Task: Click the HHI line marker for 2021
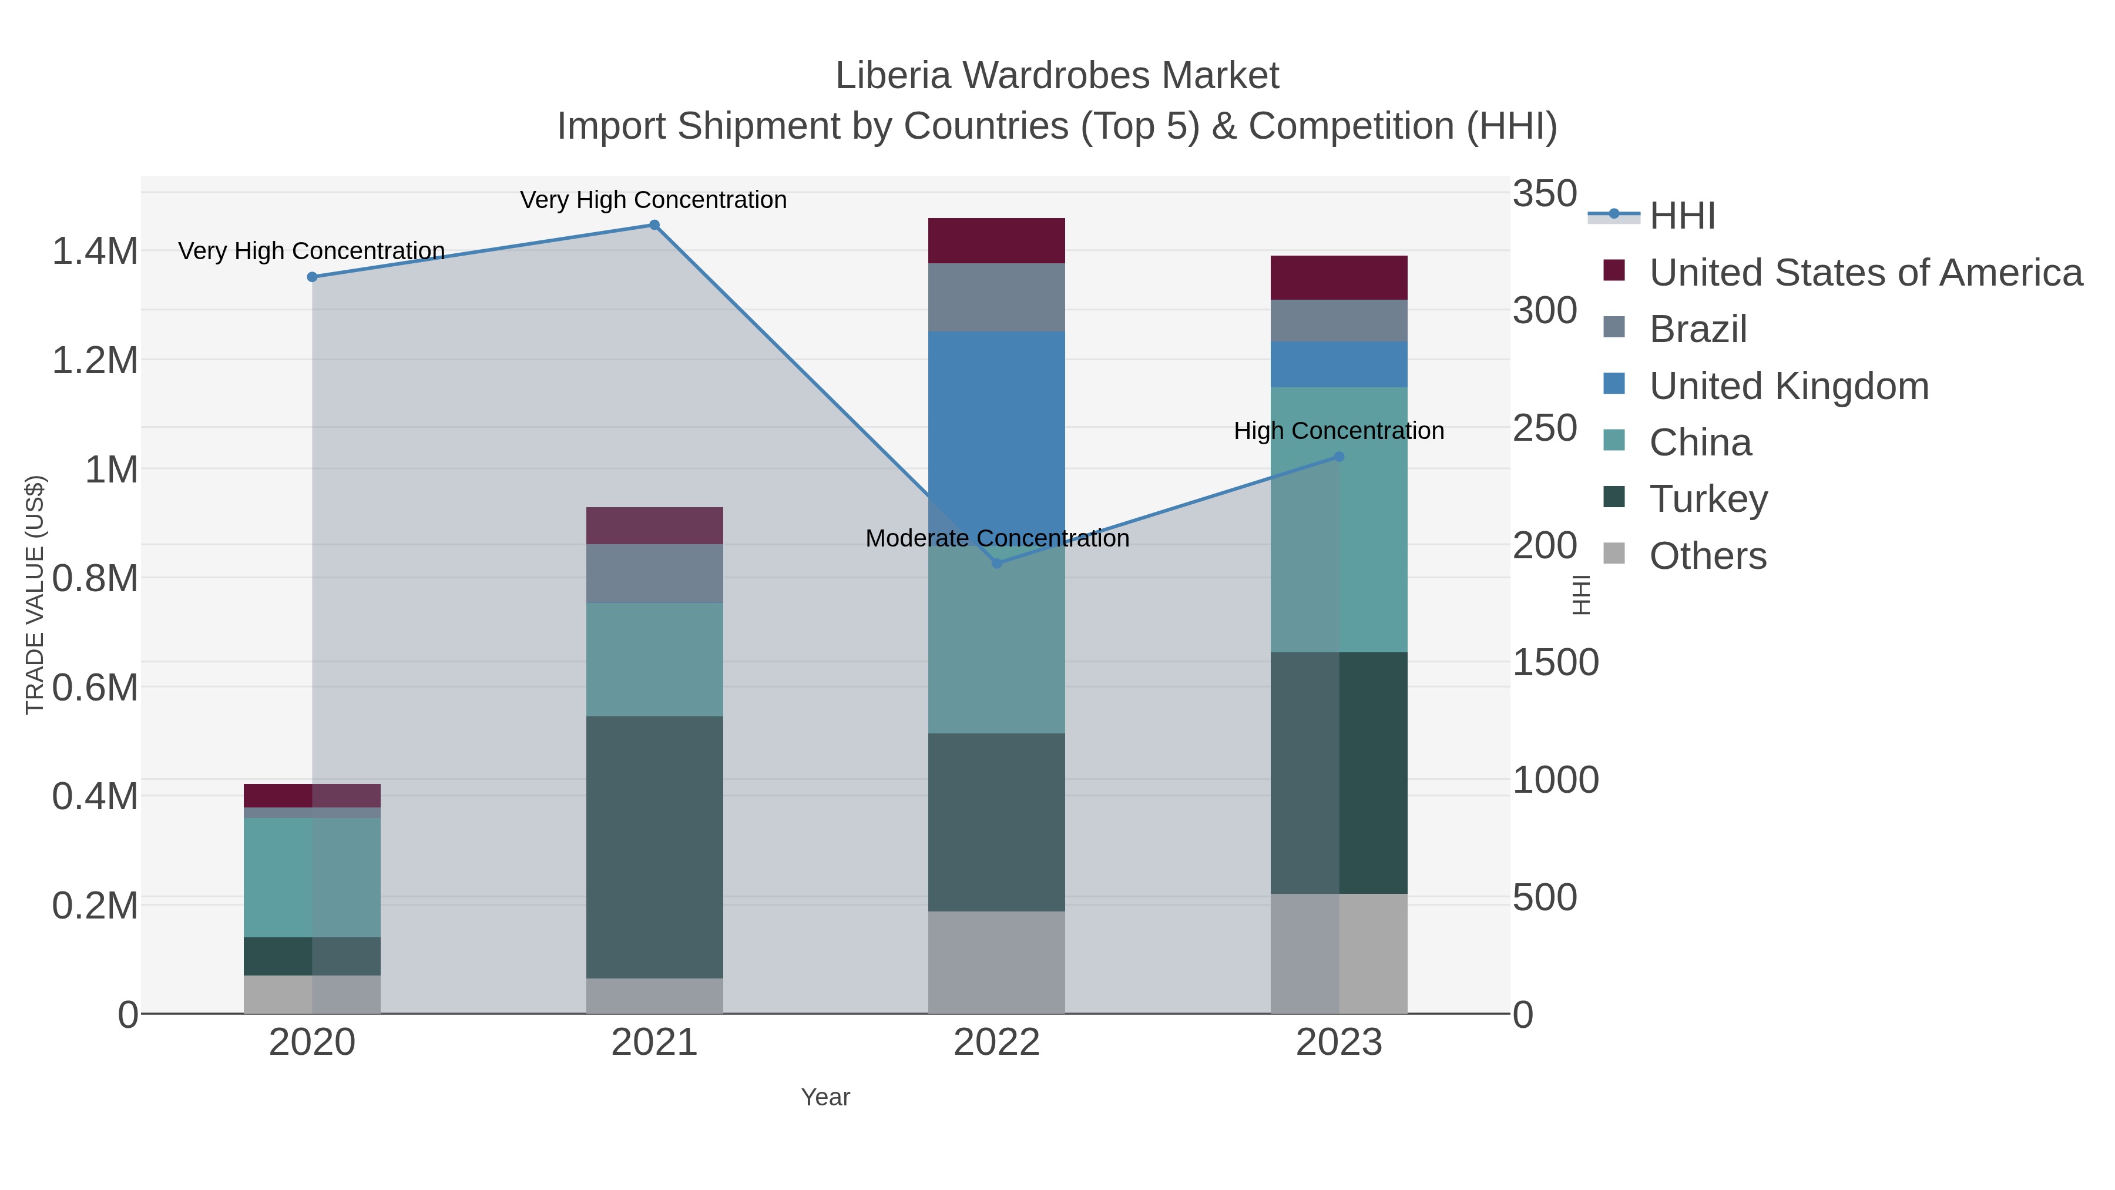tap(654, 225)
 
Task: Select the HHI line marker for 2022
tap(997, 564)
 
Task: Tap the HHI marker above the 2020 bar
tap(312, 277)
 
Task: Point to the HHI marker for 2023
tap(1339, 457)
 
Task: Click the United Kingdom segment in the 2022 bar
tap(997, 427)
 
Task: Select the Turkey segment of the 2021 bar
tap(654, 846)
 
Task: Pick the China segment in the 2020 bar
tap(312, 877)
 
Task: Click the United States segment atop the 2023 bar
tap(1339, 277)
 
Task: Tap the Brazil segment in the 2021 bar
tap(654, 573)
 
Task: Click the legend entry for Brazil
tap(1697, 329)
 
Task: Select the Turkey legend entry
tap(1708, 500)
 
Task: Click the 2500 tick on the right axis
tap(1545, 429)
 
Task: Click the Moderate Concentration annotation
tap(997, 539)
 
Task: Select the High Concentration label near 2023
tap(1338, 431)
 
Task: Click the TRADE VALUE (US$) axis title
tap(35, 595)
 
